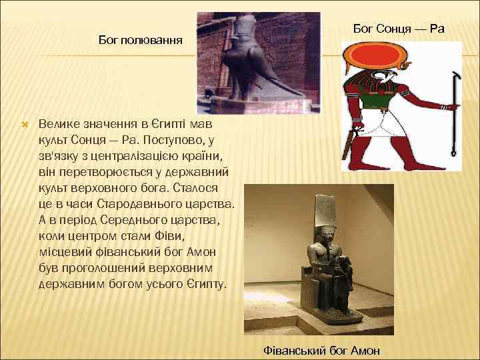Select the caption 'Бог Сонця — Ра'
click(x=398, y=29)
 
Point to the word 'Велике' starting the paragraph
click(x=61, y=125)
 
